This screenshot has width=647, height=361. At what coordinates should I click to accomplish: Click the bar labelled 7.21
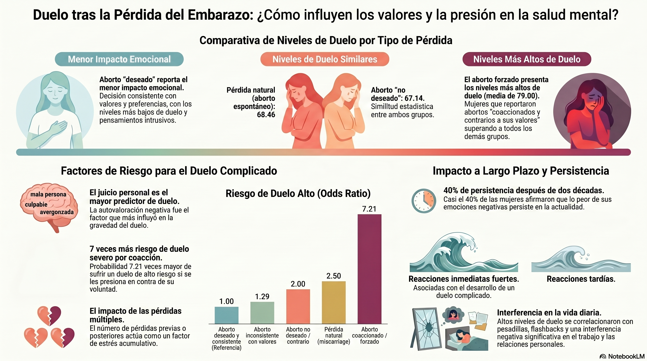(x=369, y=269)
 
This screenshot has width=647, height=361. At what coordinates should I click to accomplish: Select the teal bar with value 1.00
(x=226, y=315)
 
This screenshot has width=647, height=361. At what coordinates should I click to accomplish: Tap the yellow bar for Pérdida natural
(x=334, y=302)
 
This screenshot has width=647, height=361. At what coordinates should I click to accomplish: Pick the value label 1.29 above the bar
(x=262, y=296)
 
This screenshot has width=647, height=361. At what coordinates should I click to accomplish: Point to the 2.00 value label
(x=298, y=284)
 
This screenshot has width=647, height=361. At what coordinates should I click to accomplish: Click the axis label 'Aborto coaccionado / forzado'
(x=369, y=335)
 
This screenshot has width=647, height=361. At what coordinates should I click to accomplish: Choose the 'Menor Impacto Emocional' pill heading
(x=119, y=59)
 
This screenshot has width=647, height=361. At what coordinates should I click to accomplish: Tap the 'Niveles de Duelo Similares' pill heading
(x=324, y=59)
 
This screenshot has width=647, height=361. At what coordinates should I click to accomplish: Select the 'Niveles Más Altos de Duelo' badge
(x=527, y=59)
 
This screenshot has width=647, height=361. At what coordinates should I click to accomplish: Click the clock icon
(x=424, y=201)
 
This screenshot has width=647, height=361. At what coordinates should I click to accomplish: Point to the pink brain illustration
(x=49, y=206)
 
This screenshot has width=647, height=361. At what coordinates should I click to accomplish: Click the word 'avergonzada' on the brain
(x=56, y=212)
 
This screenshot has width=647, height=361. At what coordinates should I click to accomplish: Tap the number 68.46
(x=266, y=115)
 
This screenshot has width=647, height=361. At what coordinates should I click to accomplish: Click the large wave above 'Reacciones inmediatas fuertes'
(x=463, y=254)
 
